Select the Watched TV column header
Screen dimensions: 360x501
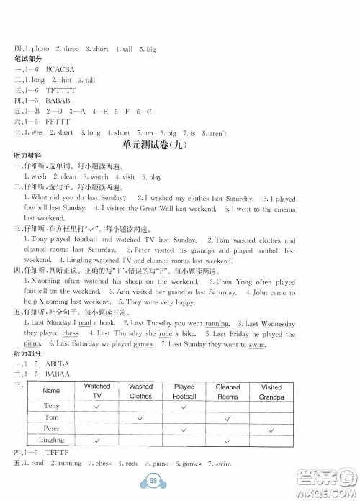97,391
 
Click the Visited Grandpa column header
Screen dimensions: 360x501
271,391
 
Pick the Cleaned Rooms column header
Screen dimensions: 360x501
228,391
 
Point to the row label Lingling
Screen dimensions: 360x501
51,438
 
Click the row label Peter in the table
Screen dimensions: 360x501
51,428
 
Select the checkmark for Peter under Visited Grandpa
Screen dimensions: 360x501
271,428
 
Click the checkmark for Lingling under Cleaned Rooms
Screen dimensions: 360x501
228,438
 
